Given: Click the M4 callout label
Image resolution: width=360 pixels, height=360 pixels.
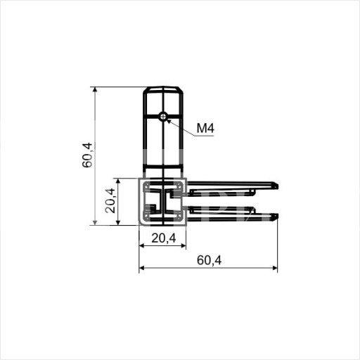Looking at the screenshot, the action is (205, 128).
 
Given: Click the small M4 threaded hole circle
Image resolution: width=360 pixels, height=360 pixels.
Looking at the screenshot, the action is (163, 116).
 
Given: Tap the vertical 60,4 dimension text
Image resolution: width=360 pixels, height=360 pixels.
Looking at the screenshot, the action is (87, 155).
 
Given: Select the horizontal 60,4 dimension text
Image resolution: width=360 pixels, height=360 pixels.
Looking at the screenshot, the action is (209, 260).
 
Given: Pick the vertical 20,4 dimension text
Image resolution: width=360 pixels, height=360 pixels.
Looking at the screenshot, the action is (110, 200).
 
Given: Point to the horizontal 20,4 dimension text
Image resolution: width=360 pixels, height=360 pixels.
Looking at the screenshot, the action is (164, 238).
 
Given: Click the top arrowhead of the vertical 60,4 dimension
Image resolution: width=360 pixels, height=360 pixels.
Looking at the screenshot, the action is (95, 89).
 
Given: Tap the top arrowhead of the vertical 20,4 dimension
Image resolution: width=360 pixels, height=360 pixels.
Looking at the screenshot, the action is (118, 181).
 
